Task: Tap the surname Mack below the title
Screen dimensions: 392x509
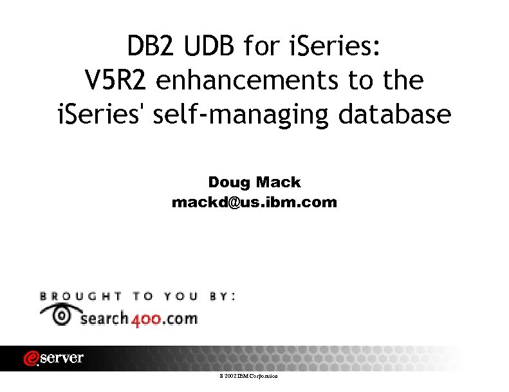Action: [x=279, y=183]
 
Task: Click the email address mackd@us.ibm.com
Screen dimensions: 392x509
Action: [x=254, y=202]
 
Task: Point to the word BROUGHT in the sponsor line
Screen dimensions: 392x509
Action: [x=81, y=297]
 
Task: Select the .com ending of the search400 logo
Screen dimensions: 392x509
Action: [x=183, y=318]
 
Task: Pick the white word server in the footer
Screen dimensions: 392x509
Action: [x=62, y=359]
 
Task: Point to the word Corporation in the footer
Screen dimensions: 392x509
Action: [x=265, y=375]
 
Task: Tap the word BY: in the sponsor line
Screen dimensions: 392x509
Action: [x=223, y=297]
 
